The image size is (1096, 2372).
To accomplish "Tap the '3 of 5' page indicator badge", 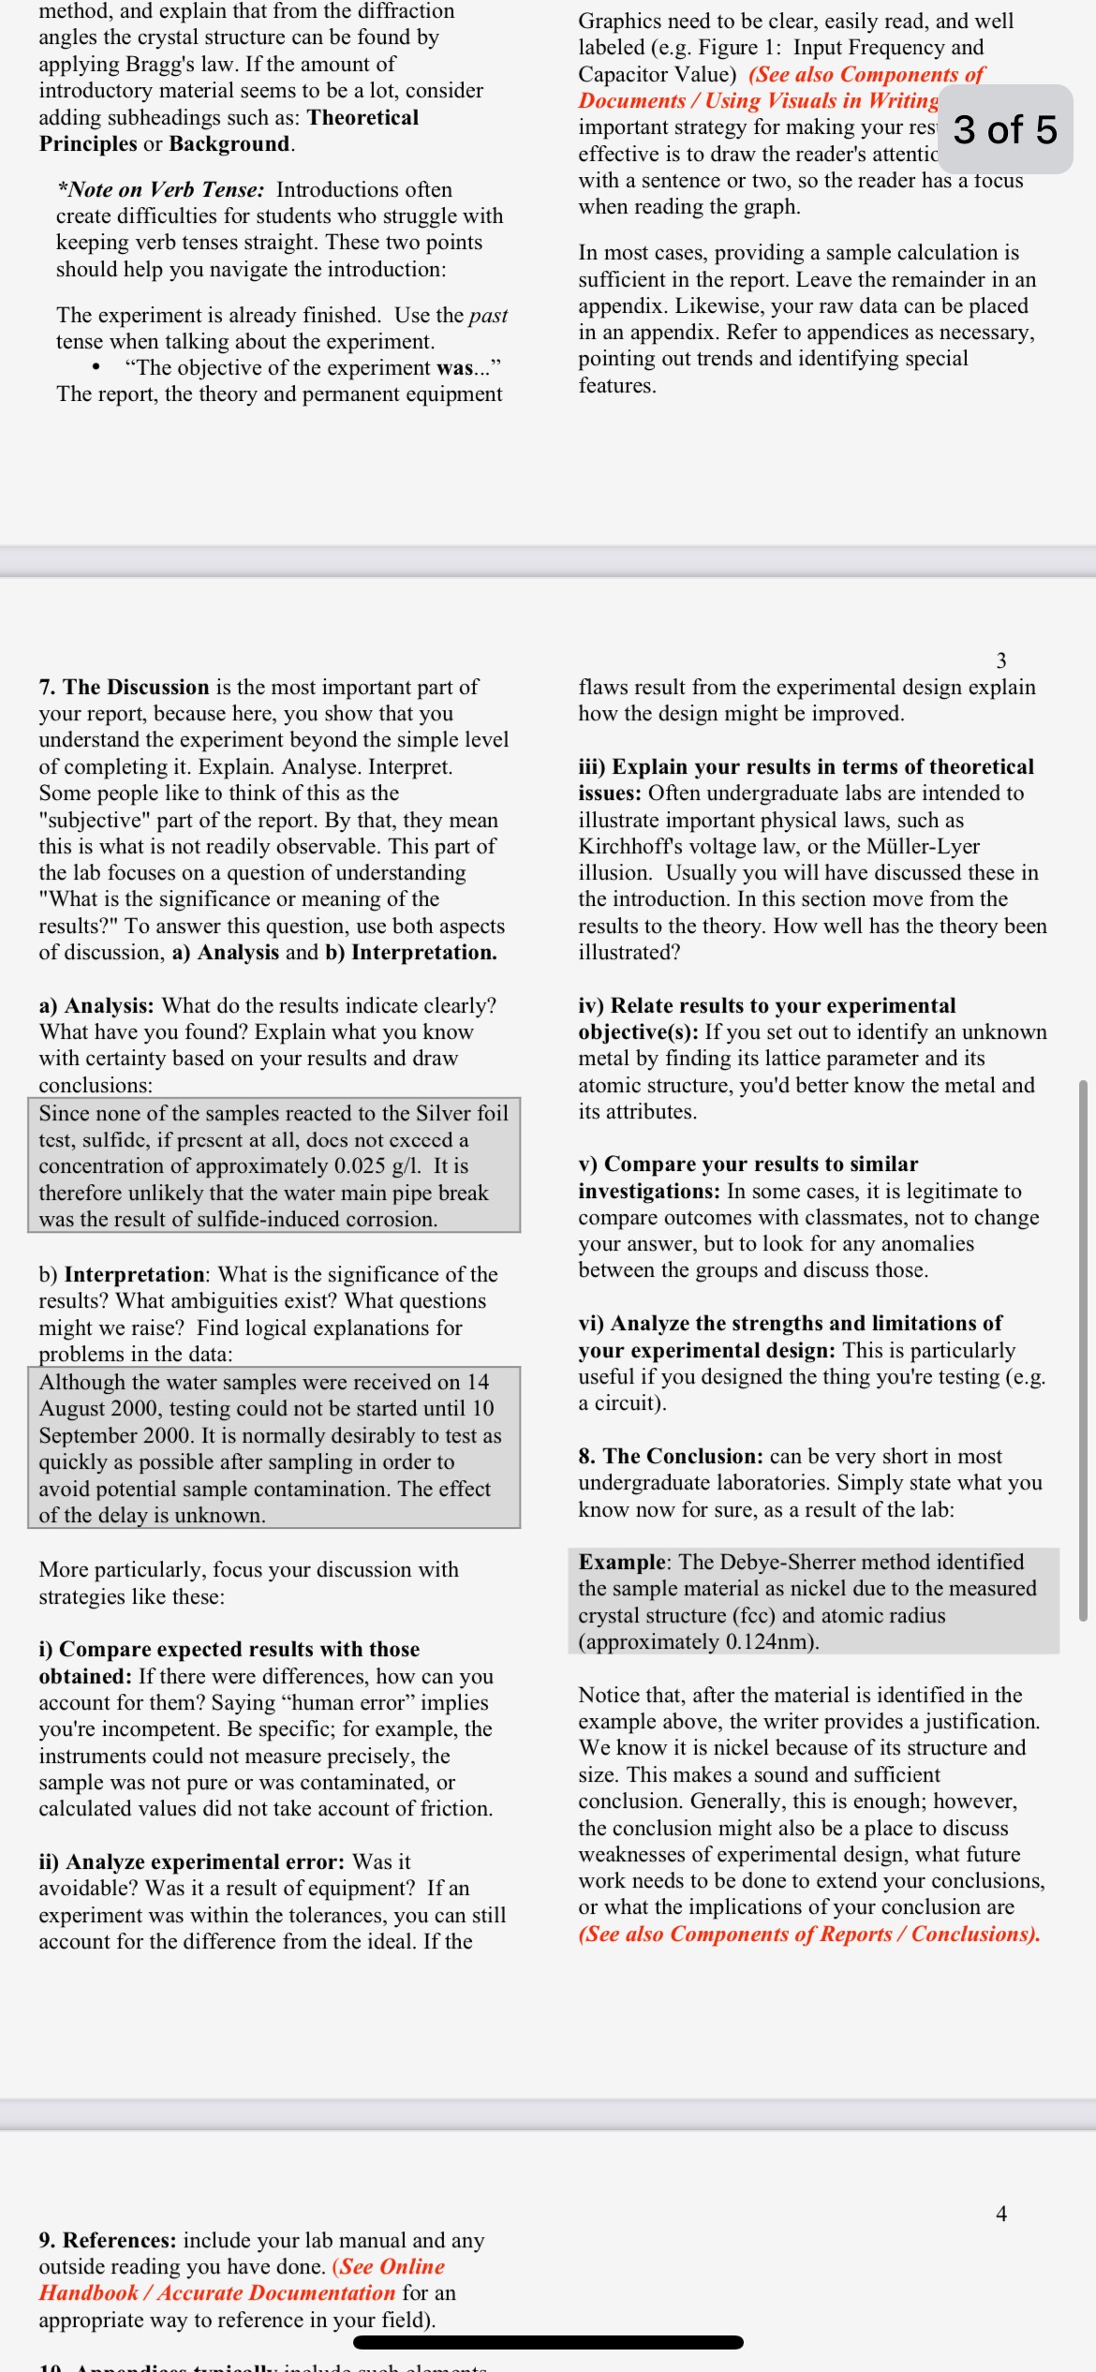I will [1005, 129].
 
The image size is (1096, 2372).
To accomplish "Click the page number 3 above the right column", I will [1000, 660].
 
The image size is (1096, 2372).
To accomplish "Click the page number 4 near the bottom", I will [1000, 2213].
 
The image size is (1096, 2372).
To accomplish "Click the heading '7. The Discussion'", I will [124, 687].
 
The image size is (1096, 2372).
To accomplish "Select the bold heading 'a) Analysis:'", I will [96, 1005].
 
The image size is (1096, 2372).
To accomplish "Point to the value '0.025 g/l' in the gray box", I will [377, 1166].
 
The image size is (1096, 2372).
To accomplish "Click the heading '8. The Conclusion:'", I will [671, 1456].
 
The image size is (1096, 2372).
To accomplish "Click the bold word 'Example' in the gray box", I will [622, 1562].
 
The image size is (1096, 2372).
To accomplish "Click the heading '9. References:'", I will [108, 2240].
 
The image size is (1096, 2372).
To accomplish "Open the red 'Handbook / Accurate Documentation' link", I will [216, 2292].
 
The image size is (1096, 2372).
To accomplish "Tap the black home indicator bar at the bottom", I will [548, 2342].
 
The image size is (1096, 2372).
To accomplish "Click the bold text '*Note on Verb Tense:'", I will [160, 189].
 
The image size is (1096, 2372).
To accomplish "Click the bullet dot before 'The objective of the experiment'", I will [96, 367].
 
